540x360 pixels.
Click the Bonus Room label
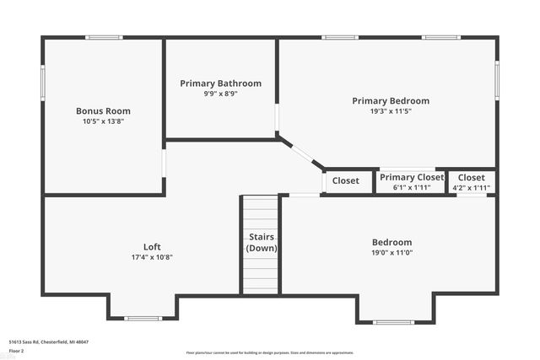(103, 110)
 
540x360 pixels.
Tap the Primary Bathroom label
(220, 83)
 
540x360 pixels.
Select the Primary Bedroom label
(391, 100)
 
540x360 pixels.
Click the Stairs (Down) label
(262, 243)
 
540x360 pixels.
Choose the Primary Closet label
(412, 177)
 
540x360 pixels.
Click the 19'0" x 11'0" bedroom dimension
(392, 252)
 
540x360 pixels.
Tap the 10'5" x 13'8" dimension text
(103, 121)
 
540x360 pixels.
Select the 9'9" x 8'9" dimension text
(220, 94)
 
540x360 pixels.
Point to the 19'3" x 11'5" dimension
(391, 110)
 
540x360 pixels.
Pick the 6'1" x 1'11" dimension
(412, 187)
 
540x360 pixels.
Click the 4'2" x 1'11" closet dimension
(472, 187)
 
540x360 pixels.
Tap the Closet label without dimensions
(346, 180)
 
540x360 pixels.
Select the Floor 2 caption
(16, 350)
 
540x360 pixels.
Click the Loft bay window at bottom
(143, 318)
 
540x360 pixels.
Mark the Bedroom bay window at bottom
(393, 322)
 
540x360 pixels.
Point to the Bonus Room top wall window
(104, 37)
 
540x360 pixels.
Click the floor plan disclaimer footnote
(270, 352)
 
